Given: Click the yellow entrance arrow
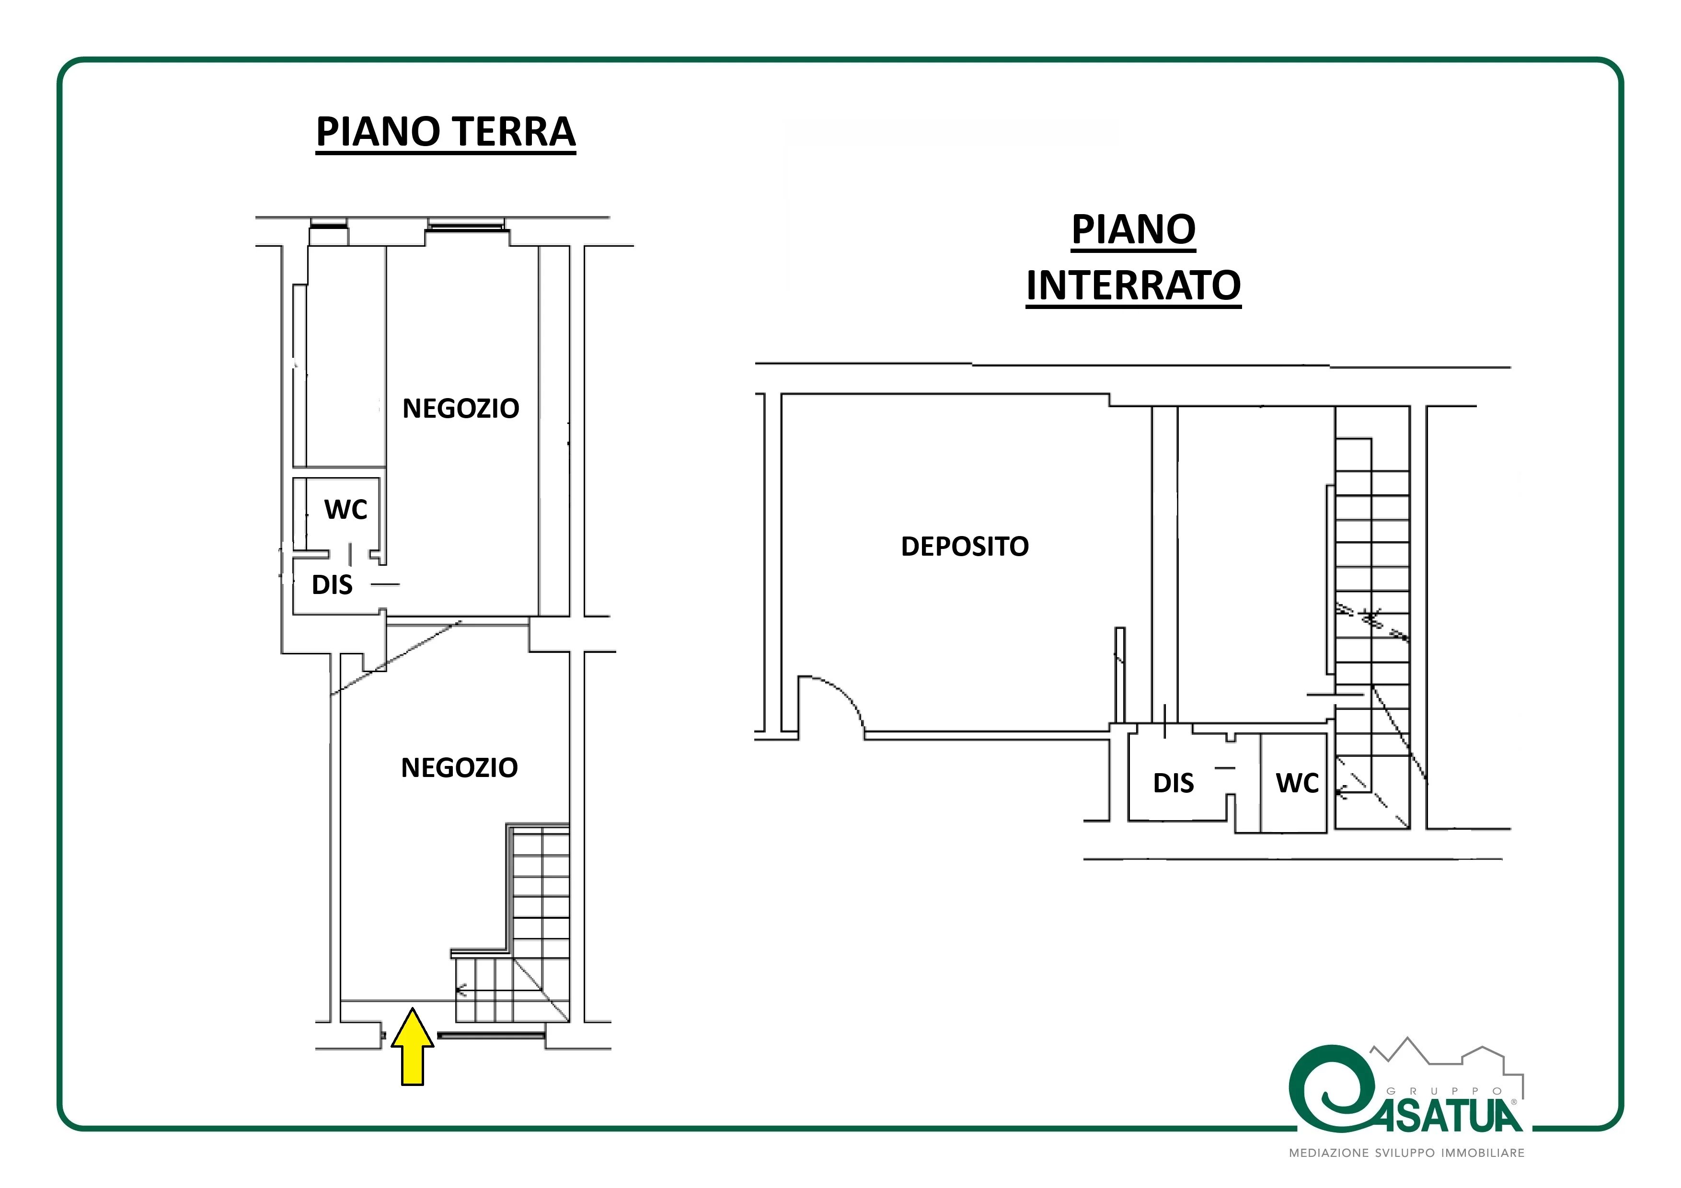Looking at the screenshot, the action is pyautogui.click(x=412, y=1047).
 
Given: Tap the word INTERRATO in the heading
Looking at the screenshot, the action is pyautogui.click(x=1133, y=286).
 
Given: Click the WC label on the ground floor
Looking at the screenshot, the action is pyautogui.click(x=345, y=510).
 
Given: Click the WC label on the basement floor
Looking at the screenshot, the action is pyautogui.click(x=1297, y=783).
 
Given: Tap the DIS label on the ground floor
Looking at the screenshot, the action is pyautogui.click(x=333, y=585).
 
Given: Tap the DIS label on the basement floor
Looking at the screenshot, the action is pyautogui.click(x=1174, y=783).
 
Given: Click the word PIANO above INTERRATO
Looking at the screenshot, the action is pyautogui.click(x=1133, y=230).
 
